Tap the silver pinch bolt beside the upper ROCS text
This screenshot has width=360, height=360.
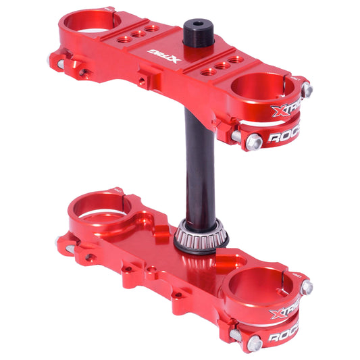[255, 141]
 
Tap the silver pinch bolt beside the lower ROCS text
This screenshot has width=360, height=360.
[255, 343]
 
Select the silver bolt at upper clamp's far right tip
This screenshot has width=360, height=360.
[307, 88]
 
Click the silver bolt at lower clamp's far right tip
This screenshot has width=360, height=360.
[307, 287]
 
